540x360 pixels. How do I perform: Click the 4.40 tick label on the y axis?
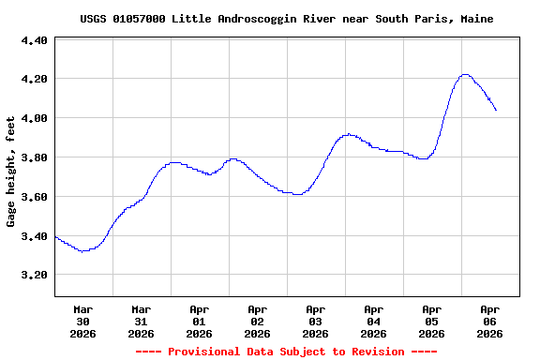[34, 40]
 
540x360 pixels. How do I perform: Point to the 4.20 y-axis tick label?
[34, 80]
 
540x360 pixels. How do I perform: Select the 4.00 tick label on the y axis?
[34, 119]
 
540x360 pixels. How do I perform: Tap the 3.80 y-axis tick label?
[34, 158]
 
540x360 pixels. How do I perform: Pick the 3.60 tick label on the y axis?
[34, 198]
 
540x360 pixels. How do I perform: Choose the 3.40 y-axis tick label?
[34, 237]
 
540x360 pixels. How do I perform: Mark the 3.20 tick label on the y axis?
[34, 276]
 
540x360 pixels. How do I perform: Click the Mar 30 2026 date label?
[82, 321]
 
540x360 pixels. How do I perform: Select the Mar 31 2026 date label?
[141, 321]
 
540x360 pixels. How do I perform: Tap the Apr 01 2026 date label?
[199, 321]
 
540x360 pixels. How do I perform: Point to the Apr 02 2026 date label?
[257, 321]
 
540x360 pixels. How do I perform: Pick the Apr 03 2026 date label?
[315, 321]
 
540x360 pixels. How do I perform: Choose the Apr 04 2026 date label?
[373, 321]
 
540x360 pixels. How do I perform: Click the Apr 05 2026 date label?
[431, 321]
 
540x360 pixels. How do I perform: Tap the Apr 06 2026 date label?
[489, 321]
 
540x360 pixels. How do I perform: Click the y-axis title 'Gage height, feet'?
[12, 172]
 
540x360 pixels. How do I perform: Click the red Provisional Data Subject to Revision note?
[286, 352]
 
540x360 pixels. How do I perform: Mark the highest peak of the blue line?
[465, 75]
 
